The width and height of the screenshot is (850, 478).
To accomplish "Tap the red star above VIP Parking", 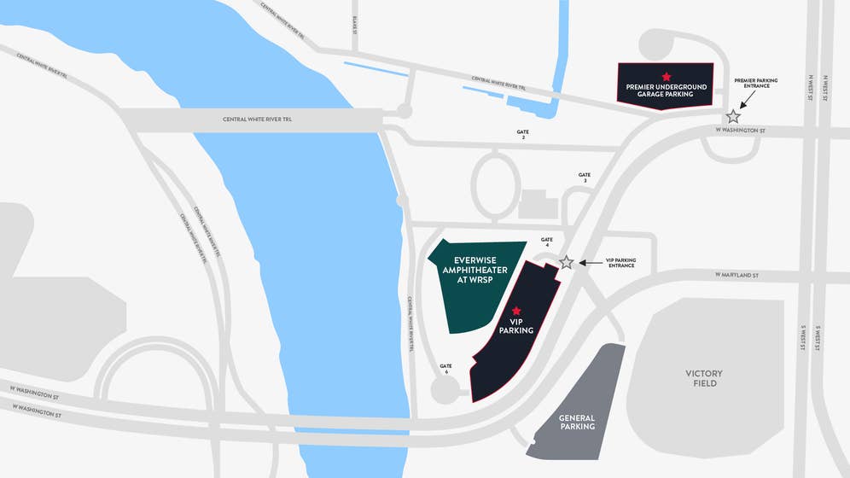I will pos(515,310).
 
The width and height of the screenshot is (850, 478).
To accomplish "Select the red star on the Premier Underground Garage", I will pos(667,77).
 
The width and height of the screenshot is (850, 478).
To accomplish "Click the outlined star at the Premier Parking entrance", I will pos(732,116).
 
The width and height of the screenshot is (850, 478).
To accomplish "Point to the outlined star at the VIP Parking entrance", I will pos(566,262).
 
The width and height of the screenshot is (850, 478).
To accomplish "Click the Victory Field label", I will pos(704,378).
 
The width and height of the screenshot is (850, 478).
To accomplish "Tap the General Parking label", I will pos(577,423).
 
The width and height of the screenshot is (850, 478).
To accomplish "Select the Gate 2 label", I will pos(523,134).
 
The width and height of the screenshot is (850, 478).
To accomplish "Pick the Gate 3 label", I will pos(585,178).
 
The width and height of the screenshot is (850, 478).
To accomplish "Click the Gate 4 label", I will pos(546,242).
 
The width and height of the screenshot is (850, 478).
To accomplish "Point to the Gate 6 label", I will pos(445,369).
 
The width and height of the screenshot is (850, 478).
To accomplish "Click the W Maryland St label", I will pos(736,275).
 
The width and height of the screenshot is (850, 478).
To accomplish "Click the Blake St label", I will pos(354,26).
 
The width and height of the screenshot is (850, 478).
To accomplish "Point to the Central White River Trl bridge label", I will pos(257,119).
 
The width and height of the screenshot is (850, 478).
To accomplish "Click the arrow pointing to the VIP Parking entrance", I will pos(588,262).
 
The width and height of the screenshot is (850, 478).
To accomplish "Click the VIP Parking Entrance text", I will pos(620,262).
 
